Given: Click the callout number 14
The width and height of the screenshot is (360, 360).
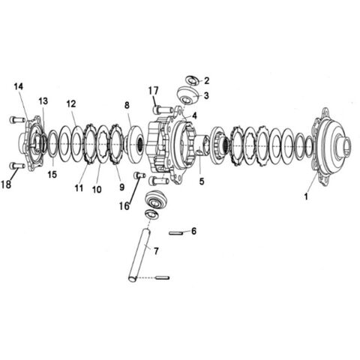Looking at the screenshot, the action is [x=19, y=87].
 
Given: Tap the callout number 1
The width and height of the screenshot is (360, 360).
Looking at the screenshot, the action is [x=306, y=196].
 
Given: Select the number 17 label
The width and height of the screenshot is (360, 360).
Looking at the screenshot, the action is [x=153, y=91].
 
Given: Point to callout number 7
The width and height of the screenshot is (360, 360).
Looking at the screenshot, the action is [x=156, y=251].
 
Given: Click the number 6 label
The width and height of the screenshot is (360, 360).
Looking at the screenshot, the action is [x=193, y=231].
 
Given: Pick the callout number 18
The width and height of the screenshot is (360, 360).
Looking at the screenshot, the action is [x=6, y=184].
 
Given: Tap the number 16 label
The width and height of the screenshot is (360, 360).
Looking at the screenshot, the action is [x=124, y=206].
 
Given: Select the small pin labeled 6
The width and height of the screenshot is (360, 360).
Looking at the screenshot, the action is [x=176, y=233].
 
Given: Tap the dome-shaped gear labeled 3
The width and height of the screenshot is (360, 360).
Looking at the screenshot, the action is [x=189, y=95].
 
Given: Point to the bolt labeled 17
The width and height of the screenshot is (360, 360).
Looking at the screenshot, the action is [x=163, y=109].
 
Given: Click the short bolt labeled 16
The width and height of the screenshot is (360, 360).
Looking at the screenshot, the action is [x=139, y=175].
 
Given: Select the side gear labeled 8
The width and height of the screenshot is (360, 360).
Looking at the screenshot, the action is [x=136, y=144].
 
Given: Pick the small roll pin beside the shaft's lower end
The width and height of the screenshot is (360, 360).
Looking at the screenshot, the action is [x=163, y=277].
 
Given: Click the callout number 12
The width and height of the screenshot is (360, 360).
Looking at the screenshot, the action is [x=71, y=103].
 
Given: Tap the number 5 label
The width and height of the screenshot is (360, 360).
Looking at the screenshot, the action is [x=202, y=181].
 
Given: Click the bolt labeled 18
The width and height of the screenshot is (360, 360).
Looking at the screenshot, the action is [x=17, y=166].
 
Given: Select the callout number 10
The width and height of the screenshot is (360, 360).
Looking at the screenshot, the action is [x=97, y=190].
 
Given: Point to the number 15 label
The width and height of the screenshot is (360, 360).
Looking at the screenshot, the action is [x=52, y=175].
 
